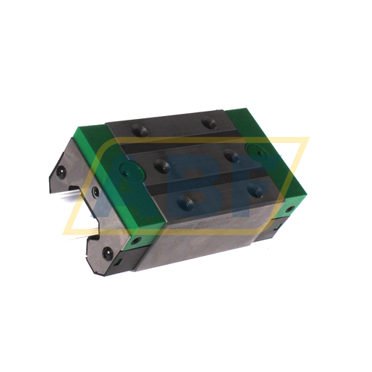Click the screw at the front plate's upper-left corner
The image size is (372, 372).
point(63,172)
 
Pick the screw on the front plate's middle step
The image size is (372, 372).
point(94,191)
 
